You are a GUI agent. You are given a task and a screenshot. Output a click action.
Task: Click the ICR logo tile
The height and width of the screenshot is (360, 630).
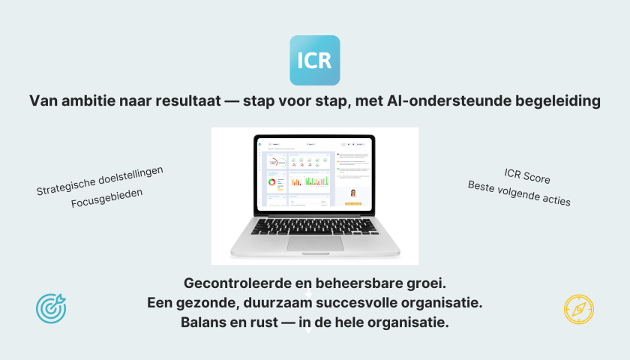[x=314, y=60]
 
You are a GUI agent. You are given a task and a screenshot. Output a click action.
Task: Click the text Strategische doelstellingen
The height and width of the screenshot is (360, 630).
[x=100, y=181]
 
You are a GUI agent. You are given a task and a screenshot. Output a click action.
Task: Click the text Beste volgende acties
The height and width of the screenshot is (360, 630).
[x=519, y=193]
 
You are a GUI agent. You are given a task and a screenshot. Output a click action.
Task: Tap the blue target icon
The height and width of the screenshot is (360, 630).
[x=51, y=307]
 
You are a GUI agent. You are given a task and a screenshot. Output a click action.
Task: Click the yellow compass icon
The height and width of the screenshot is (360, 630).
[x=578, y=309]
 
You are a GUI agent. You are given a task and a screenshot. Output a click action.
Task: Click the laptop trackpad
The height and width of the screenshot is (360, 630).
[x=315, y=242]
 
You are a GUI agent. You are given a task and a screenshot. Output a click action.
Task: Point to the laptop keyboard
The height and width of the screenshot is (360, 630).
[x=315, y=226]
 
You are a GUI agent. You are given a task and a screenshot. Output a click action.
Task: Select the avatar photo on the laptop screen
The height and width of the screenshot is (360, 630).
[x=352, y=193]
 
